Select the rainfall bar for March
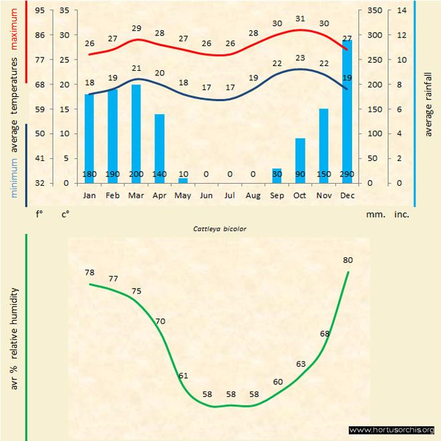[136, 134]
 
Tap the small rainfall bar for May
[183, 180]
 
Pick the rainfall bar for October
[300, 160]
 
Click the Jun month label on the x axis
[206, 195]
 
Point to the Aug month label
[253, 195]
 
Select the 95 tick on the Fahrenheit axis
[40, 11]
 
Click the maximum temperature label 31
[300, 19]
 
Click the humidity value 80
[347, 260]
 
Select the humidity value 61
[183, 376]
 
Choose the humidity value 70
[160, 321]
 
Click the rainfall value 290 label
[347, 174]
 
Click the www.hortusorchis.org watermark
[392, 430]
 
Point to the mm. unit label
[374, 214]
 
